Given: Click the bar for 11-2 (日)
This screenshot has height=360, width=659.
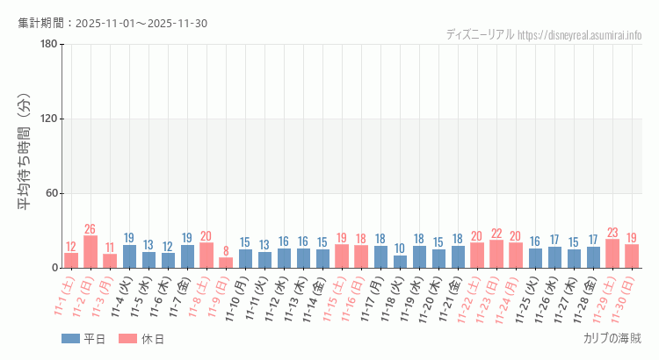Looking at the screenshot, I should [91, 252].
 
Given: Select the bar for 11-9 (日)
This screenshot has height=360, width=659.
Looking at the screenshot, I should [226, 263].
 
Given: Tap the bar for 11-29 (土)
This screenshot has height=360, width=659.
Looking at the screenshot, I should [612, 254].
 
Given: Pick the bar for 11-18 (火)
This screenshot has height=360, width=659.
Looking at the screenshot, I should [400, 262].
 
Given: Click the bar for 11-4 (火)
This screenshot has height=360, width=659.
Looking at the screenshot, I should [129, 256].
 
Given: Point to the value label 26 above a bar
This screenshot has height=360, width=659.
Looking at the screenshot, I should [91, 229].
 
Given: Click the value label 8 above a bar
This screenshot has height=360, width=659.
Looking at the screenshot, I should [226, 251].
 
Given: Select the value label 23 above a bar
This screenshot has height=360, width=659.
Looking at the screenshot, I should [612, 233].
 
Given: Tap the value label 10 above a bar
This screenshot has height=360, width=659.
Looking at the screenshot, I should [400, 248].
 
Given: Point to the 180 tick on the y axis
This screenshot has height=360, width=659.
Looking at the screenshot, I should [49, 45].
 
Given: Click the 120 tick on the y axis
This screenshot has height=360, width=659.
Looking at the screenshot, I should [49, 119].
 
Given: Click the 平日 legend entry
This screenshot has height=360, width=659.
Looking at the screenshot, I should [83, 339].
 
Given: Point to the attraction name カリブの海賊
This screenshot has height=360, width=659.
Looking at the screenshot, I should [612, 338].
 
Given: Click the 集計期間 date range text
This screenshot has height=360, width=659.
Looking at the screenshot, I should [112, 23].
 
